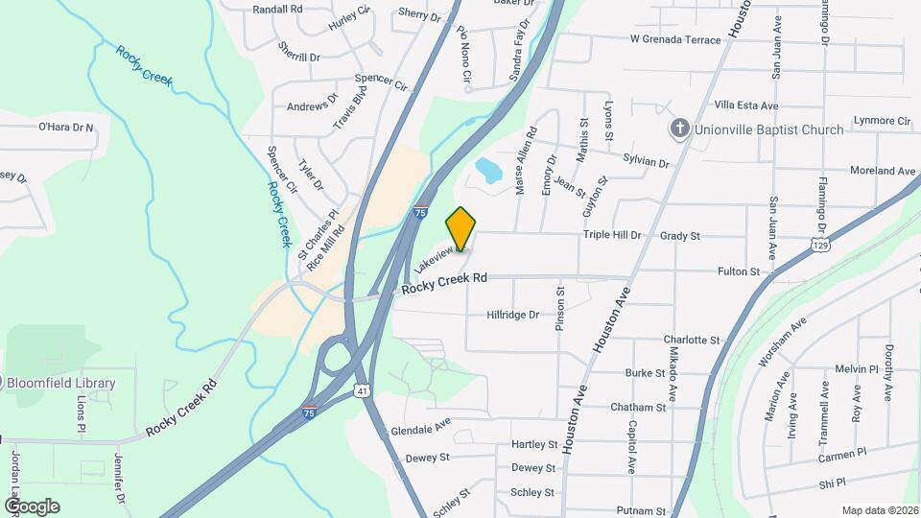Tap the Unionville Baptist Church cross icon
pyautogui.click(x=679, y=129)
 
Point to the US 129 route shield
pyautogui.click(x=818, y=245)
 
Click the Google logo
pyautogui.click(x=32, y=506)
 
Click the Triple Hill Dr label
pyautogui.click(x=611, y=235)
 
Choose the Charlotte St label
pyautogui.click(x=692, y=340)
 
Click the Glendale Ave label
pyautogui.click(x=420, y=428)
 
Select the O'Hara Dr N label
pyautogui.click(x=66, y=127)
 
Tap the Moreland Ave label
pyautogui.click(x=883, y=171)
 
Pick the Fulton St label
pyautogui.click(x=738, y=271)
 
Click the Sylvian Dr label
pyautogui.click(x=646, y=162)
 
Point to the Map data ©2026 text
pyautogui.click(x=879, y=510)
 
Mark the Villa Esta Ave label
pyautogui.click(x=746, y=105)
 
